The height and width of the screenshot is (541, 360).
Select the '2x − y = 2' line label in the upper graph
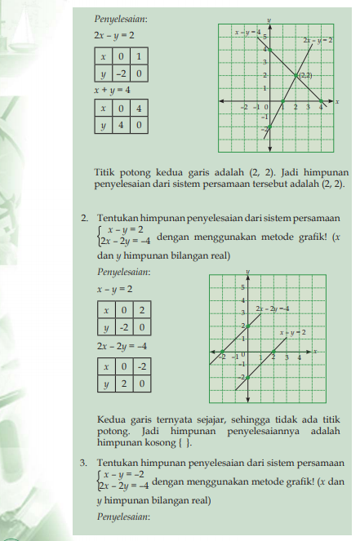tap(317, 39)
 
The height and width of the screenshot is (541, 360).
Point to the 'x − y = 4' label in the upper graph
tap(247, 32)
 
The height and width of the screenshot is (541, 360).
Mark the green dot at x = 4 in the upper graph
tap(322, 101)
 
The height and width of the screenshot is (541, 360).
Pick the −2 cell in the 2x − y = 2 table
tap(119, 74)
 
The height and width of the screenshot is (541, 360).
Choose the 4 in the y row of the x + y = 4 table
tap(119, 126)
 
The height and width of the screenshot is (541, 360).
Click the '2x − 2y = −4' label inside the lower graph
tap(273, 308)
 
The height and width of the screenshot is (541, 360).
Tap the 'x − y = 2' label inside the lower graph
tap(292, 333)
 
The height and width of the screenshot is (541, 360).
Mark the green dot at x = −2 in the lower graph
tap(223, 352)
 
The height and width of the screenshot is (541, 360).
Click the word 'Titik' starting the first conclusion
tap(107, 172)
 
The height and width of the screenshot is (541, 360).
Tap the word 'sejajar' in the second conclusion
tap(216, 423)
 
